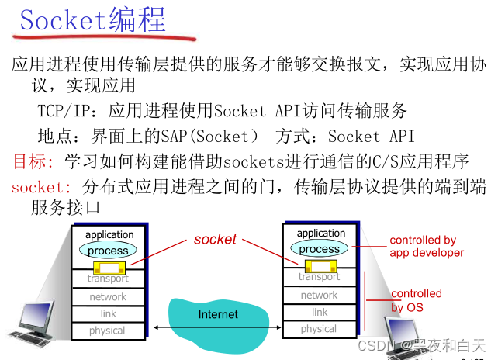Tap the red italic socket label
point(215,240)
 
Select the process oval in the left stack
point(108,251)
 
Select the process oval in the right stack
point(319,248)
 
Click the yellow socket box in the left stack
point(109,269)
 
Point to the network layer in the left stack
point(108,296)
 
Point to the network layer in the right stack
point(319,295)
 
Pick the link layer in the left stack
point(108,313)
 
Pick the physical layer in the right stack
point(319,329)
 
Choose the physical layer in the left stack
point(108,331)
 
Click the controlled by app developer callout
point(426,246)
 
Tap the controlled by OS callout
point(416,300)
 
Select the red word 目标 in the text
point(30,162)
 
